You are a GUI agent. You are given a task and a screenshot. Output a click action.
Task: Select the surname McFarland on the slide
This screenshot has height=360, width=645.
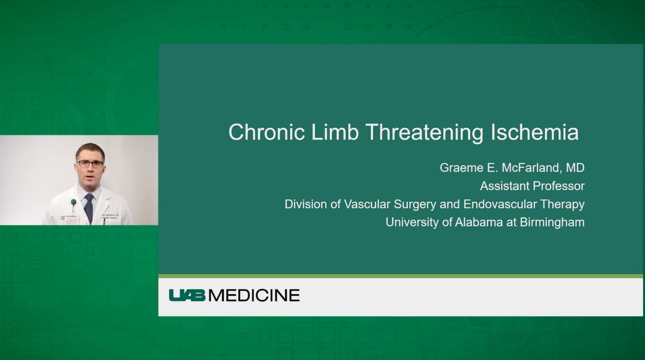point(525,168)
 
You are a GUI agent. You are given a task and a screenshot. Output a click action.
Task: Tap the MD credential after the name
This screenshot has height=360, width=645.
point(575,168)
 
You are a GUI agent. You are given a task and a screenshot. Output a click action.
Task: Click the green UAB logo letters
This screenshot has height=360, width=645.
point(187,295)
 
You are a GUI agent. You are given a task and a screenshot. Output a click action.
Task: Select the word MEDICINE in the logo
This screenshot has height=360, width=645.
point(254,295)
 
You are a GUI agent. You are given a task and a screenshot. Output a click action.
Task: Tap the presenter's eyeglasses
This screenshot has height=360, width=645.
point(91,164)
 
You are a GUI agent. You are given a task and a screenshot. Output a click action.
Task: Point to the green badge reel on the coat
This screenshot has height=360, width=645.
point(73,202)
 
